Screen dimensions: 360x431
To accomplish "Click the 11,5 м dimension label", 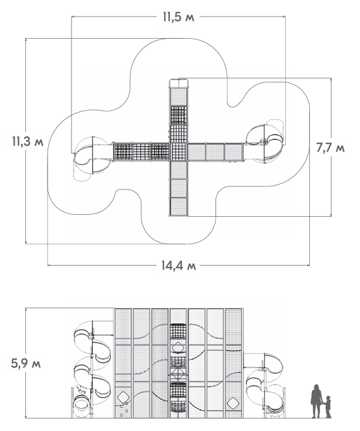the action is click(x=179, y=17).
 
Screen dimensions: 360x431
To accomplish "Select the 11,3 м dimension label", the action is click(x=27, y=141).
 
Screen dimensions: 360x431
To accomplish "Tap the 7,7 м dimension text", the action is click(x=330, y=148).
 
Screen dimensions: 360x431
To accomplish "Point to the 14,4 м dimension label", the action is click(x=179, y=266).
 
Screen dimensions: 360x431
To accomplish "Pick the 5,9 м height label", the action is click(x=26, y=364).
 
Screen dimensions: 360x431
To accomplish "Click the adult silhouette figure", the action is click(x=316, y=401).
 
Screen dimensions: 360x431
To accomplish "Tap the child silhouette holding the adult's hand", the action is click(x=328, y=407).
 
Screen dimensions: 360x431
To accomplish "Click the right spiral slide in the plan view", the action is click(x=264, y=144).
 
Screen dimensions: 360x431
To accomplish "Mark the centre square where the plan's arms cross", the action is click(x=179, y=151).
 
